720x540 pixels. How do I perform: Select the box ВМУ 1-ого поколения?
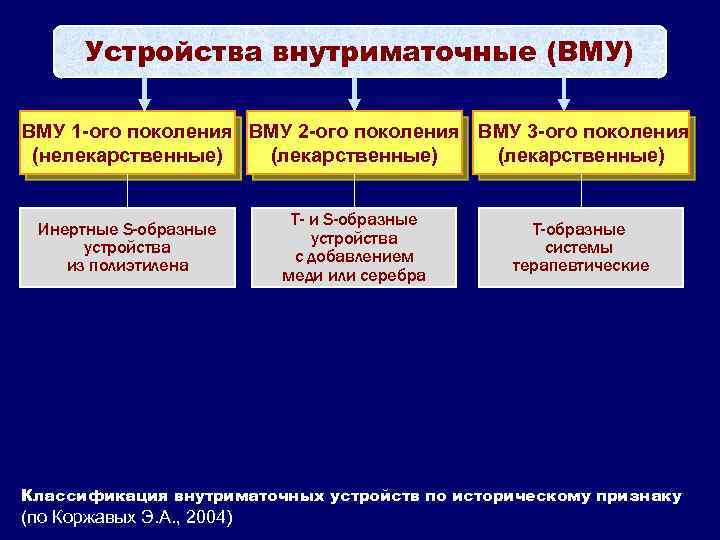127,143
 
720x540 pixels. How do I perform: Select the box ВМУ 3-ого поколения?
582,143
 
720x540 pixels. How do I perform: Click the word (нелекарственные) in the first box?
127,156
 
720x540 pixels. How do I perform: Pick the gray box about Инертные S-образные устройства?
127,247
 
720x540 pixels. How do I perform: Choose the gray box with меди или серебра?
354,247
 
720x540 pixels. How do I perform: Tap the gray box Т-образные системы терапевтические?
581,247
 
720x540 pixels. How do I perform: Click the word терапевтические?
581,266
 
